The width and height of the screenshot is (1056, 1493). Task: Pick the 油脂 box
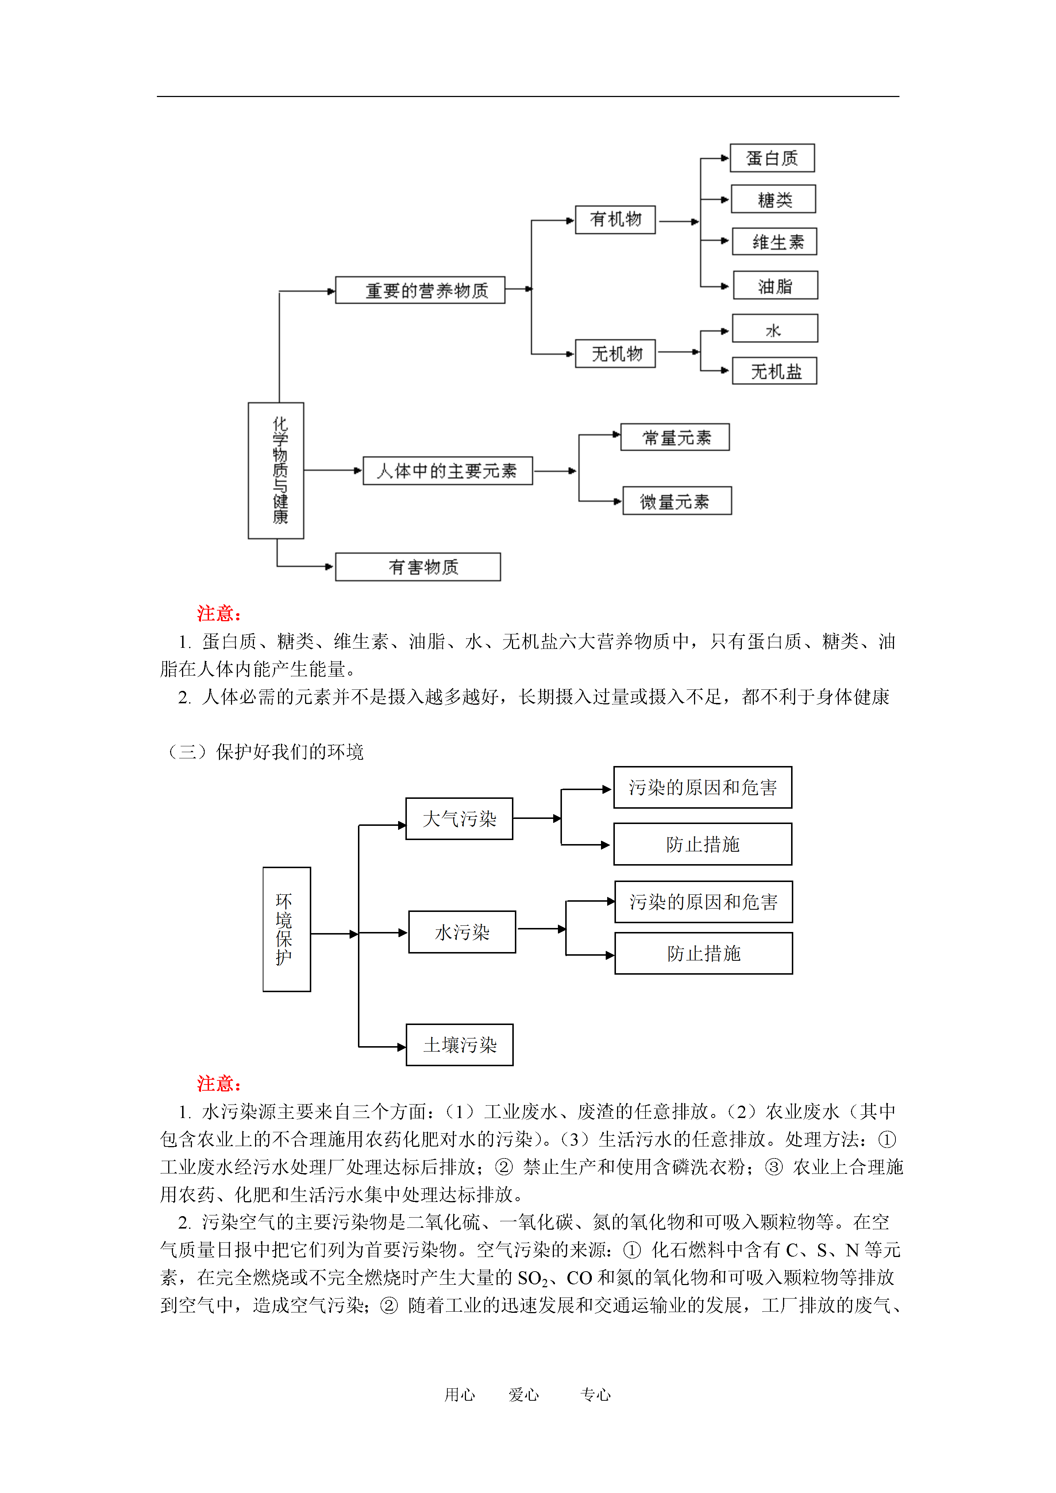(x=775, y=286)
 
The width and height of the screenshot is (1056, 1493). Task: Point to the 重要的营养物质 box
(x=420, y=290)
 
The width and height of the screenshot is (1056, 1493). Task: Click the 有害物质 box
(x=418, y=567)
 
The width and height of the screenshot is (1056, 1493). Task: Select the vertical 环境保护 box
(x=286, y=929)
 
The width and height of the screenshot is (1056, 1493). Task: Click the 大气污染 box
(x=459, y=819)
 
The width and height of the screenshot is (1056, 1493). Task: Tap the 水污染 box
(x=462, y=932)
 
